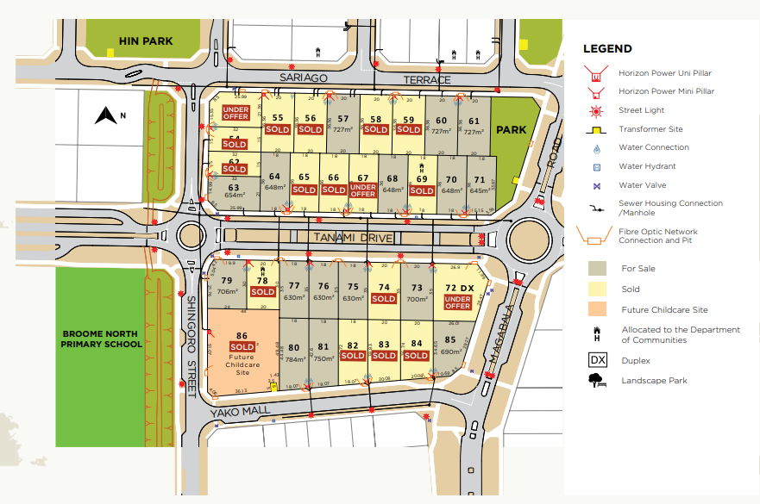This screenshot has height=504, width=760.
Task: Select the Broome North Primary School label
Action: pyautogui.click(x=102, y=339)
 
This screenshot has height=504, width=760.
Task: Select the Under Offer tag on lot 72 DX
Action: pyautogui.click(x=457, y=302)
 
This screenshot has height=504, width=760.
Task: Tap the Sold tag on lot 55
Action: pyautogui.click(x=277, y=129)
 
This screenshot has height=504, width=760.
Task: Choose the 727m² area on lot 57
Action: pyautogui.click(x=343, y=129)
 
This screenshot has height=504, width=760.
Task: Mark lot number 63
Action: pyautogui.click(x=233, y=186)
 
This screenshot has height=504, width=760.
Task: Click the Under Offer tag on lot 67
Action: pyautogui.click(x=363, y=190)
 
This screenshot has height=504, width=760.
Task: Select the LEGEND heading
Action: pyautogui.click(x=607, y=49)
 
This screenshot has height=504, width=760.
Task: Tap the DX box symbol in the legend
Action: pyautogui.click(x=597, y=361)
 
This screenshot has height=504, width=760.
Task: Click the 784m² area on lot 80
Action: pyautogui.click(x=295, y=359)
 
